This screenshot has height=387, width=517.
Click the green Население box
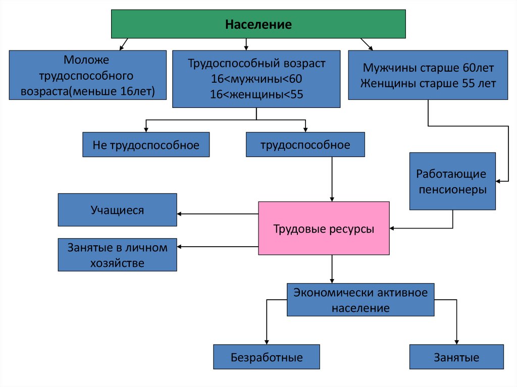click(258, 24)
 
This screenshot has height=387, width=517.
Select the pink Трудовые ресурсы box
click(324, 229)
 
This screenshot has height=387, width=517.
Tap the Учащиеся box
click(117, 210)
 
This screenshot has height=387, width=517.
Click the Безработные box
click(267, 358)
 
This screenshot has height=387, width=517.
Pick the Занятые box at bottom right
click(456, 358)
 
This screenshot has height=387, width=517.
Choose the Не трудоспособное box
click(146, 145)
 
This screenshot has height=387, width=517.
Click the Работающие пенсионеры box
click(451, 182)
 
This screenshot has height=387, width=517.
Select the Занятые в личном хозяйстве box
click(117, 255)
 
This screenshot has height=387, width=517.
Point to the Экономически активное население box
click(360, 300)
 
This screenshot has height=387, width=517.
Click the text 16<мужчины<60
click(256, 79)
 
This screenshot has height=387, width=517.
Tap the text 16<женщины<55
click(256, 94)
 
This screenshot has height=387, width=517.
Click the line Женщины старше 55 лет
click(428, 83)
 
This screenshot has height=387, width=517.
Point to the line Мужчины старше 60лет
click(428, 68)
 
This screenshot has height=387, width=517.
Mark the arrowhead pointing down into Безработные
click(267, 342)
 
